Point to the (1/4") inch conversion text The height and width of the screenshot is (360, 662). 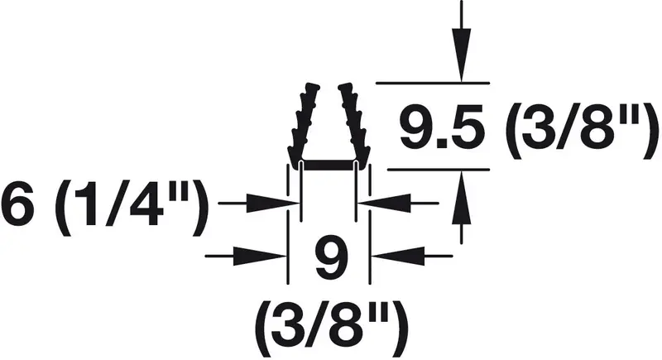point(132,209)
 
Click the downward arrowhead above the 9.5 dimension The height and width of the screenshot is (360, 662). point(462,54)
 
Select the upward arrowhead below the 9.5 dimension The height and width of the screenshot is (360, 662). point(462,197)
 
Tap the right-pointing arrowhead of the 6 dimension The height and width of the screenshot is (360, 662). point(273,203)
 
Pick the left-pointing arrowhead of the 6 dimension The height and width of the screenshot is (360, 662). point(384,203)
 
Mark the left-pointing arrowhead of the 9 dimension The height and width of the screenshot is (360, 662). point(397,256)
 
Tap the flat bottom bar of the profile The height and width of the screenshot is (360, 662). point(329,166)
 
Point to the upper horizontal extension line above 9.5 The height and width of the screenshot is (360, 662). point(433,83)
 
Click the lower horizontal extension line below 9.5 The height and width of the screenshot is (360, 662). point(439,170)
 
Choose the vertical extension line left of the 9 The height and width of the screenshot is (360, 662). point(288,223)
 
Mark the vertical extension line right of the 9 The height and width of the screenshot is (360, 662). point(370,223)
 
